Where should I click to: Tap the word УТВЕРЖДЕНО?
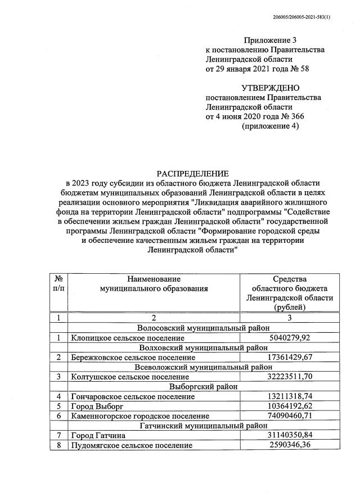click(x=271, y=88)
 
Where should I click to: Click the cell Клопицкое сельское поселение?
click(x=128, y=338)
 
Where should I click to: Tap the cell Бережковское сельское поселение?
click(x=134, y=357)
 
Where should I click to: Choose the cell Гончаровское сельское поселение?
click(x=133, y=396)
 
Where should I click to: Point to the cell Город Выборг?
click(x=97, y=406)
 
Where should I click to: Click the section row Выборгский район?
click(x=203, y=386)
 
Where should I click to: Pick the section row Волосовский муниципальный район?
click(x=203, y=328)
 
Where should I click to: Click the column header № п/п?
click(x=58, y=284)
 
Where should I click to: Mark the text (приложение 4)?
click(x=271, y=126)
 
